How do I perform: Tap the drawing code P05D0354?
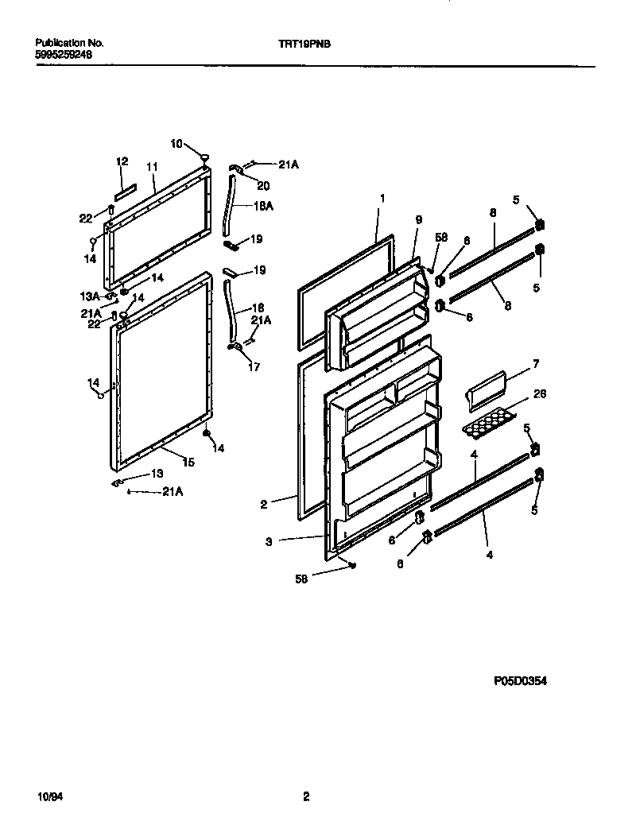tap(520, 680)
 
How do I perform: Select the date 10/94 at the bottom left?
tap(48, 796)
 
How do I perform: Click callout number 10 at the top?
tap(176, 144)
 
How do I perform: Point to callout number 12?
tap(122, 161)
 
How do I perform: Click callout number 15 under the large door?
tap(188, 462)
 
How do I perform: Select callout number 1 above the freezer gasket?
tap(382, 197)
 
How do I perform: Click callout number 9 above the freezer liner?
tap(418, 220)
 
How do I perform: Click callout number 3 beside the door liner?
tap(270, 541)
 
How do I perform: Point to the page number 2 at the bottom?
tap(305, 796)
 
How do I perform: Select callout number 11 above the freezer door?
tap(152, 167)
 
